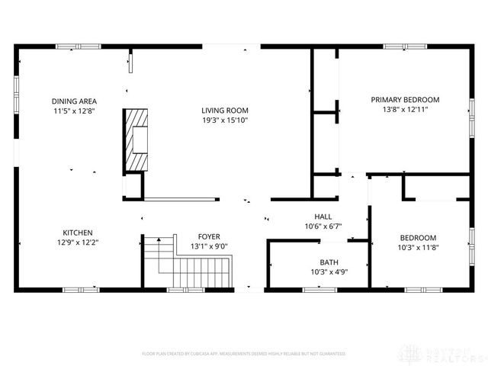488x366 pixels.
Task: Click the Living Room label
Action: [225, 110]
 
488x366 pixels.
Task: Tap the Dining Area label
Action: [74, 101]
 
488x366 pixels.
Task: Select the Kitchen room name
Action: [78, 233]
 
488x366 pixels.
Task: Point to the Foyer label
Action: [209, 236]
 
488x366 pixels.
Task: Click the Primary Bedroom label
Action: [405, 100]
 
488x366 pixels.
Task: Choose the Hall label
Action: [323, 217]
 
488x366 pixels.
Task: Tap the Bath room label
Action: [329, 262]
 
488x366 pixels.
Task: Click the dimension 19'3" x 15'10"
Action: [225, 120]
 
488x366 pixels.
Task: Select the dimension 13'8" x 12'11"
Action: [405, 110]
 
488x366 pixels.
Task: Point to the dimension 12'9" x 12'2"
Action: [78, 242]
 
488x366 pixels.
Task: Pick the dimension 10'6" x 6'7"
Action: [323, 226]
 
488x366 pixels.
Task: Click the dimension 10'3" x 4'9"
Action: [329, 272]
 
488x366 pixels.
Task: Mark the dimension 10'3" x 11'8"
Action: [418, 247]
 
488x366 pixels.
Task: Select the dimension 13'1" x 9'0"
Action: [209, 246]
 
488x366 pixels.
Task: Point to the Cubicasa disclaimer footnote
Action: [243, 354]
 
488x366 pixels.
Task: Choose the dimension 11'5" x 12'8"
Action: [74, 111]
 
